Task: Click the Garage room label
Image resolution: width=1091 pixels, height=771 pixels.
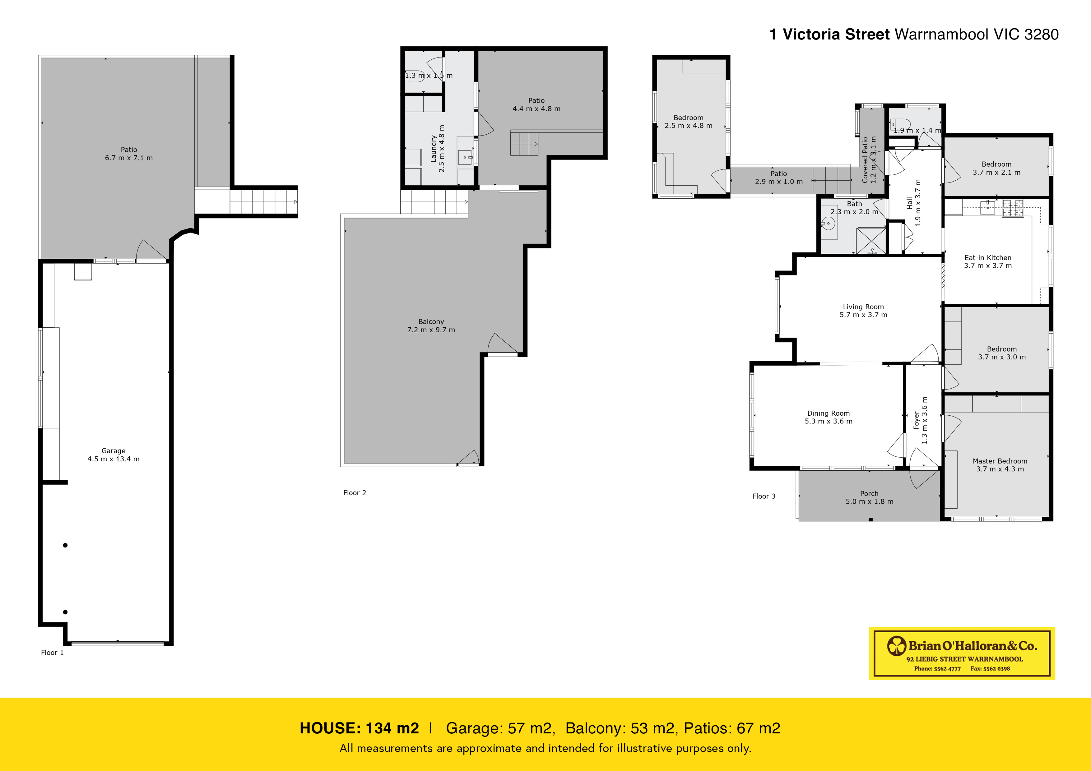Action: [x=113, y=451]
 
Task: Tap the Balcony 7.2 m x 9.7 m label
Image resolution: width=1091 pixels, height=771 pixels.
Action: [x=431, y=325]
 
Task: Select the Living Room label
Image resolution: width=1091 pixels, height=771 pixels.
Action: [x=863, y=307]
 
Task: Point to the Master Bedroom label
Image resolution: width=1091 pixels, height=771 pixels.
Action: [x=1000, y=461]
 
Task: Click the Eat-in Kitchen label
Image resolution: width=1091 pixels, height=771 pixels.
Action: [x=988, y=257]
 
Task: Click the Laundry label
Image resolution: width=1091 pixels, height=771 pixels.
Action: [x=433, y=148]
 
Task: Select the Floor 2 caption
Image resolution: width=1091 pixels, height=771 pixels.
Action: [x=355, y=493]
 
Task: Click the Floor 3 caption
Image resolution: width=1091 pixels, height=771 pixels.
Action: [x=764, y=496]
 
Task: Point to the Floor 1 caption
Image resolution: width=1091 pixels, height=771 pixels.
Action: [x=52, y=652]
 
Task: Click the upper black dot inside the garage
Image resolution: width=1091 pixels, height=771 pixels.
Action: [x=65, y=545]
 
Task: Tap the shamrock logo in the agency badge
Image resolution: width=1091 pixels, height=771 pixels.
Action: [x=897, y=646]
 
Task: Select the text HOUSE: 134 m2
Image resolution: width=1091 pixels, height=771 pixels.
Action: [x=359, y=728]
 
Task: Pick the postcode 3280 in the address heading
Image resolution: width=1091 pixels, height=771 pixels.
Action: [x=1041, y=34]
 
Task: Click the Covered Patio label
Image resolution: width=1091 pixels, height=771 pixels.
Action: [x=865, y=160]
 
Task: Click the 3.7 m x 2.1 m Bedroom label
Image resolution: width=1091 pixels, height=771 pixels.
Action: [x=996, y=168]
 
